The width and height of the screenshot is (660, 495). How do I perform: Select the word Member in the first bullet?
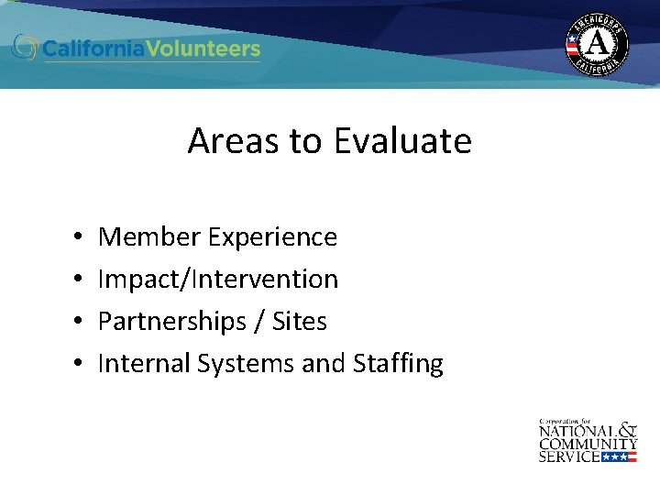[x=149, y=237]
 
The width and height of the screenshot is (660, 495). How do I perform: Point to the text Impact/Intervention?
[x=218, y=279]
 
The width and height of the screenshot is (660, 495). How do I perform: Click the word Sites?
[x=299, y=321]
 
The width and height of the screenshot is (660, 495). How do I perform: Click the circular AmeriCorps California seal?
[x=597, y=43]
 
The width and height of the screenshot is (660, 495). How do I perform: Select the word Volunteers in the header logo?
[x=209, y=49]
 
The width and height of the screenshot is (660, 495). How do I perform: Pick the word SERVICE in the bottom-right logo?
[x=569, y=456]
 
